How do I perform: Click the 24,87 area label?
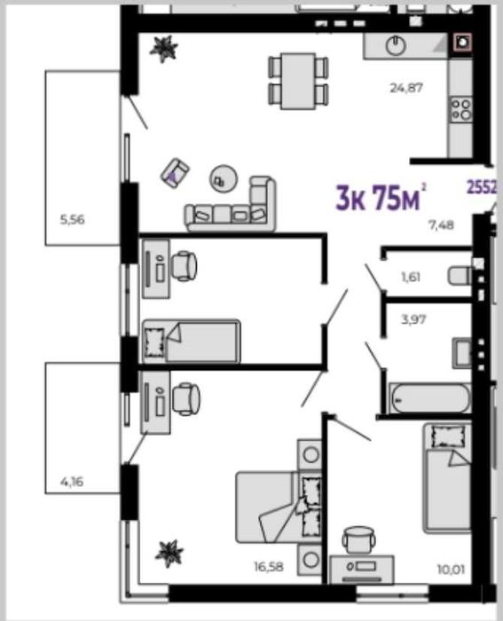tap(406, 88)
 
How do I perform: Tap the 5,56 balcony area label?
tap(72, 219)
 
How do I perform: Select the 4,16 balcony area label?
tap(72, 482)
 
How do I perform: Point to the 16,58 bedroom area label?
tap(269, 567)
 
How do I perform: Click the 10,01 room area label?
tap(452, 570)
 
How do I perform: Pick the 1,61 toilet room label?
tap(411, 277)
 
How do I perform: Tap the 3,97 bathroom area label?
tap(413, 318)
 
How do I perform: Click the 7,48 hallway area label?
tap(441, 225)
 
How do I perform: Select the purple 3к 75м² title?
tap(381, 197)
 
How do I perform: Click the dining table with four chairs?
tap(298, 81)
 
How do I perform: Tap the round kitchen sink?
tap(396, 45)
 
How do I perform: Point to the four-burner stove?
tap(461, 109)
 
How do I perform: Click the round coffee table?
tap(224, 178)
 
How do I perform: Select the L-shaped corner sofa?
tap(231, 205)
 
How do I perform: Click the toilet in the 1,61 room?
tap(460, 275)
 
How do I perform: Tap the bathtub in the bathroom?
tap(430, 398)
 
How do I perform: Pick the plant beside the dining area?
tap(163, 48)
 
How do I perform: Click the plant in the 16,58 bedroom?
tap(169, 554)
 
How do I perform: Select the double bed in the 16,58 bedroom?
tap(279, 507)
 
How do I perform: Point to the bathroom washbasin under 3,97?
tap(462, 352)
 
